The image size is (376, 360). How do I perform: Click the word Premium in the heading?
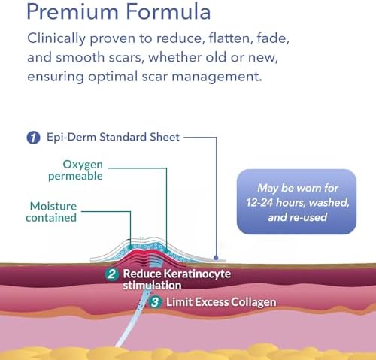72,12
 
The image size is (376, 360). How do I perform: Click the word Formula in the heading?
168,11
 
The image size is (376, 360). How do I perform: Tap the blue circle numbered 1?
33,138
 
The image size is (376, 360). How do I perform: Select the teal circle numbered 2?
111,274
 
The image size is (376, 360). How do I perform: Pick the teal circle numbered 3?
155,302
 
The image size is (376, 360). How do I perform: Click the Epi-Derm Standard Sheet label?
113,137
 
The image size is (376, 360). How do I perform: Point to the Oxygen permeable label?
76,170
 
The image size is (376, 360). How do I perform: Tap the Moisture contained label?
51,212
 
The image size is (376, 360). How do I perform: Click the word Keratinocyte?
197,274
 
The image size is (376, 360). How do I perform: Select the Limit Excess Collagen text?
221,302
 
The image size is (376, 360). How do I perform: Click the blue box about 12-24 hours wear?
296,201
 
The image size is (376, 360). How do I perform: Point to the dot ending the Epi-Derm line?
216,257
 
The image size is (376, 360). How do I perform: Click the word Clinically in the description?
56,39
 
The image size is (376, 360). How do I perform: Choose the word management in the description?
217,77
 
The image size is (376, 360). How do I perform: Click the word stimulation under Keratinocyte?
152,286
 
